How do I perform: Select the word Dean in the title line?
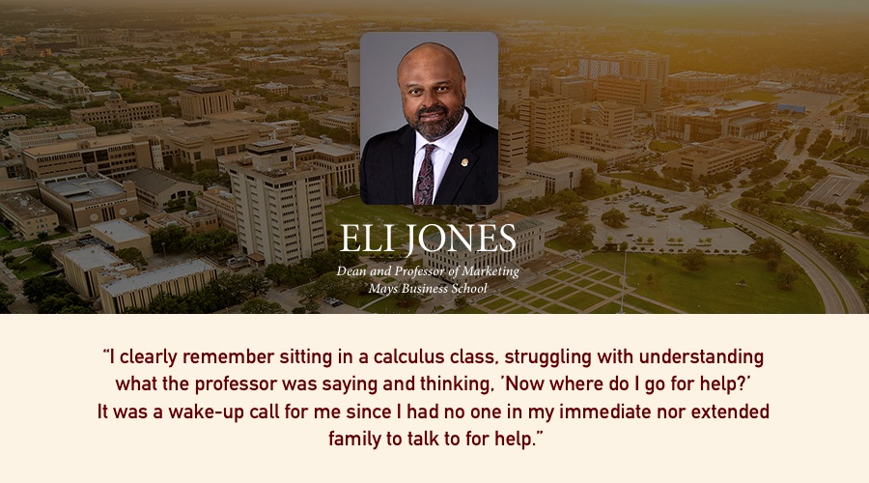click(x=350, y=271)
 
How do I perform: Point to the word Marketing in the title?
click(x=491, y=271)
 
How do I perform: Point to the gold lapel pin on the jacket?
click(x=464, y=162)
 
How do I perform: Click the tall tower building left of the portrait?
click(x=275, y=203)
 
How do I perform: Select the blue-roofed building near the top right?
click(x=791, y=107)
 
